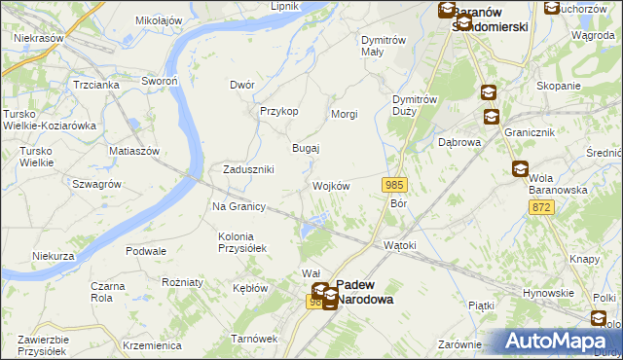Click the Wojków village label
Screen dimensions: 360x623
[330, 186]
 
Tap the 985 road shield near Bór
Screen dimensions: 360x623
[393, 185]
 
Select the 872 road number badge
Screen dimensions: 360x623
[542, 207]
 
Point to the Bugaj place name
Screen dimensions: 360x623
[307, 148]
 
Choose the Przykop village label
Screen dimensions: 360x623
[278, 111]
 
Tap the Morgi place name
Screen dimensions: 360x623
[345, 114]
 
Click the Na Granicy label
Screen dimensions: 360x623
[239, 206]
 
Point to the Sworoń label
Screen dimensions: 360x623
[159, 81]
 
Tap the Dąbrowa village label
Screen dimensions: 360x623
[460, 142]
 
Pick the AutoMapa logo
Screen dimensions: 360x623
[554, 342]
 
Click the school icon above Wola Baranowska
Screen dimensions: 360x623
[520, 169]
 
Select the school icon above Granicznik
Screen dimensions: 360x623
[493, 118]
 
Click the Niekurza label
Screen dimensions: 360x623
[53, 256]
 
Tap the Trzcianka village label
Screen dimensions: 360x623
[95, 85]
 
